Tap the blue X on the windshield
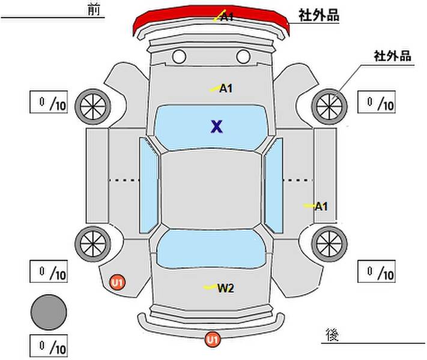tap(217, 127)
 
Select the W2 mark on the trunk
tap(226, 288)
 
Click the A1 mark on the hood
tap(226, 88)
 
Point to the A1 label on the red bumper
tap(227, 17)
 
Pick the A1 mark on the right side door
tap(321, 206)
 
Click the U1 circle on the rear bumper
tap(213, 340)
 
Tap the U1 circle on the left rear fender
tap(117, 283)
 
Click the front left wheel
tap(93, 107)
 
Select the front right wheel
tap(329, 107)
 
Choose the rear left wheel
tap(93, 244)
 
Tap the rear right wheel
tap(329, 244)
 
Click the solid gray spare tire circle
tap(49, 313)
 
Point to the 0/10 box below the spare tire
tap(49, 346)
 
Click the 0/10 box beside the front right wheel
tap(377, 102)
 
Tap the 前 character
tap(94, 10)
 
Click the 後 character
tap(332, 335)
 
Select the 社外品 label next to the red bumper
tap(319, 15)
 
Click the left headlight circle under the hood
tap(179, 56)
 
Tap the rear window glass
tap(211, 249)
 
